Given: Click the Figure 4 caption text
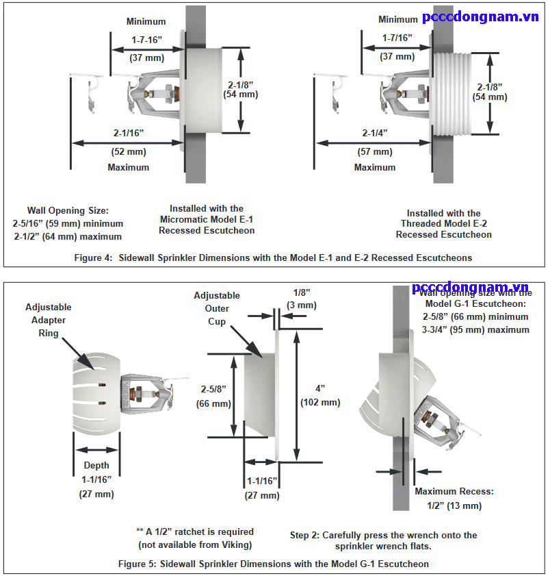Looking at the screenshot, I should [x=274, y=258].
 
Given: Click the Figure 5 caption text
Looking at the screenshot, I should [x=275, y=564].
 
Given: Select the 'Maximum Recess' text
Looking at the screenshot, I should [x=454, y=492].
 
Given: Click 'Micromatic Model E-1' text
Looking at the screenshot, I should [x=207, y=219].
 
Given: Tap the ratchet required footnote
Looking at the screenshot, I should [x=195, y=538].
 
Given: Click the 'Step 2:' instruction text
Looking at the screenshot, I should [x=383, y=540].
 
